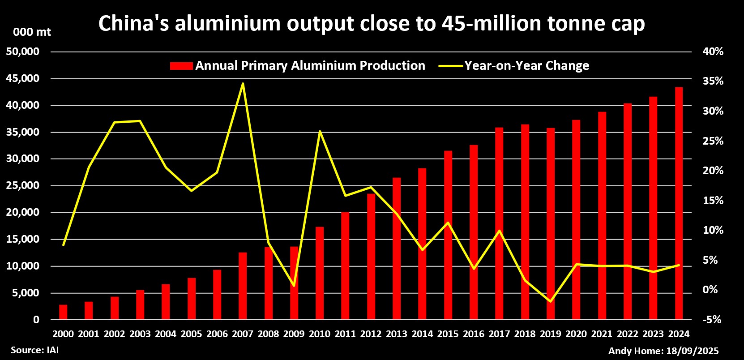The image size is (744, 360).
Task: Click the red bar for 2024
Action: [679, 203]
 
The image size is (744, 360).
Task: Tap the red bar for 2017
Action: [499, 223]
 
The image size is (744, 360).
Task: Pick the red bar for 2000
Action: [63, 312]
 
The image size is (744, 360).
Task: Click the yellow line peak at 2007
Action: [243, 83]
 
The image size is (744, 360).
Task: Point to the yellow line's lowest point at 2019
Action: [550, 301]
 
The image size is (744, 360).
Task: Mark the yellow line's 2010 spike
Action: [320, 131]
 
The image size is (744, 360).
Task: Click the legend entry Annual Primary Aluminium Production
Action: [298, 66]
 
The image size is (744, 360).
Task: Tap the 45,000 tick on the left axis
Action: [23, 79]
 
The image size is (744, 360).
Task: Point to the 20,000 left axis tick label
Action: [23, 213]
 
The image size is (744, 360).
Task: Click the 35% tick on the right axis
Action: [713, 81]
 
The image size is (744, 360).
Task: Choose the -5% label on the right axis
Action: [713, 320]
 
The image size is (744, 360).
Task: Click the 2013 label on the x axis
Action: [397, 334]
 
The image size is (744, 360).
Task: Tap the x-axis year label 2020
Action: [576, 334]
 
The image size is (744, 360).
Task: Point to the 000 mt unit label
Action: [32, 32]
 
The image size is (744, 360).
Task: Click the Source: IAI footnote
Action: [35, 350]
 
